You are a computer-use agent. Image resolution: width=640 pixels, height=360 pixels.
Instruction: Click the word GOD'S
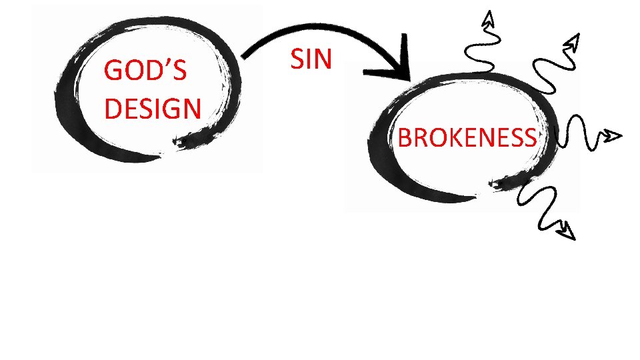(x=145, y=71)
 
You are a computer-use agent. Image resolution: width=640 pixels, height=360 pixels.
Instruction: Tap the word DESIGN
(x=153, y=107)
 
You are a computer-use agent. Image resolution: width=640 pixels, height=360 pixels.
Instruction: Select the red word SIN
(x=311, y=59)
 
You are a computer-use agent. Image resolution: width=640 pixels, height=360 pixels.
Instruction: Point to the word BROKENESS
(x=467, y=138)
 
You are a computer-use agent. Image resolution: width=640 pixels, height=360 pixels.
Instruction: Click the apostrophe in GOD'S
(x=169, y=64)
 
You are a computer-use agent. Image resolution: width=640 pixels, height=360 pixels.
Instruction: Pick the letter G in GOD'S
(x=114, y=71)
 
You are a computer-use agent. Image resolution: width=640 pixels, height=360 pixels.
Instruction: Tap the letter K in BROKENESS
(x=450, y=138)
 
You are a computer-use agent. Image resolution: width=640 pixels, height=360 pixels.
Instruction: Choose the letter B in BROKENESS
(x=404, y=138)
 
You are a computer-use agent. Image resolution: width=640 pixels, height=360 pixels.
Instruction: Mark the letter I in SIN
(x=309, y=59)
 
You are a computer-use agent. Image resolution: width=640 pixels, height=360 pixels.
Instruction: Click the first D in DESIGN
(x=113, y=107)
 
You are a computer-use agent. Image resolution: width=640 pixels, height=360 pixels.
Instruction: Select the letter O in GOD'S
(x=136, y=71)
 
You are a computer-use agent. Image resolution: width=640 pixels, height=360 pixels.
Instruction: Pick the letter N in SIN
(x=322, y=59)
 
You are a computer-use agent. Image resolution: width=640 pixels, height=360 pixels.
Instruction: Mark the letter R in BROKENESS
(x=418, y=138)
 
